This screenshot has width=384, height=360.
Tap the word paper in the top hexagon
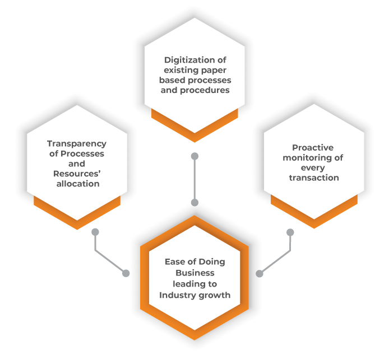click(213, 70)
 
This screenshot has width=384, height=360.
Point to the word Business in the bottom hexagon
click(195, 273)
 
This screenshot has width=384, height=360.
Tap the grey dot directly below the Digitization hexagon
click(195, 156)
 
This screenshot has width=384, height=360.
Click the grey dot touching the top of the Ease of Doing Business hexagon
click(195, 203)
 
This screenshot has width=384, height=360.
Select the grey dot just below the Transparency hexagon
click(95, 232)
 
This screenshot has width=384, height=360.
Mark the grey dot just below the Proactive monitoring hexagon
click(290, 232)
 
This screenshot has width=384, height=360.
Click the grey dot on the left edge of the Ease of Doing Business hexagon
click(126, 273)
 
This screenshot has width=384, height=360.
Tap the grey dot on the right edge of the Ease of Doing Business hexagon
click(259, 273)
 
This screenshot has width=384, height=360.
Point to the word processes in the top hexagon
click(212, 80)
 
